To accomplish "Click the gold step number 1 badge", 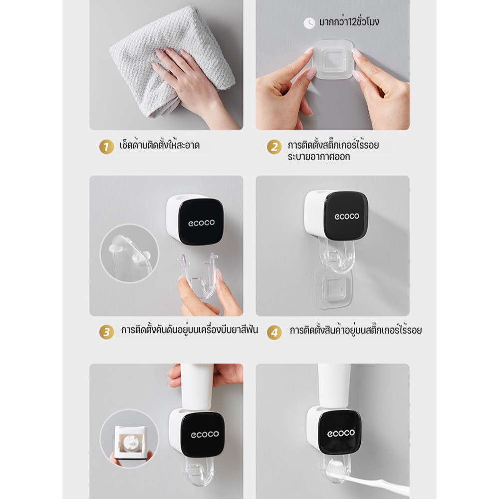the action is pyautogui.click(x=107, y=147).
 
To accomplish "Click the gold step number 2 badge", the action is pyautogui.click(x=274, y=147).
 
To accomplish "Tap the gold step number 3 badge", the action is pyautogui.click(x=107, y=332).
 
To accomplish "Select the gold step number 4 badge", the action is pyautogui.click(x=274, y=332).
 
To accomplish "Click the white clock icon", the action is pyautogui.click(x=309, y=23).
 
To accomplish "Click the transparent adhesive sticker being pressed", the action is pyautogui.click(x=333, y=59).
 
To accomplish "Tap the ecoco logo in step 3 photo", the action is pyautogui.click(x=201, y=223).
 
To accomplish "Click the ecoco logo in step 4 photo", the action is pyautogui.click(x=347, y=217).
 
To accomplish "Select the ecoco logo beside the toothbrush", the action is pyautogui.click(x=341, y=433).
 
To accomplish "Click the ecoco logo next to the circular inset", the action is pyautogui.click(x=205, y=434).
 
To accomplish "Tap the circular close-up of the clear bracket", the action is pyautogui.click(x=129, y=253).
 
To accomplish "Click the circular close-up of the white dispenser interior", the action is pyautogui.click(x=129, y=439).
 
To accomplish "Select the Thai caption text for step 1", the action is pyautogui.click(x=160, y=145).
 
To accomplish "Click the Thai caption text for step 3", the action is pyautogui.click(x=189, y=330).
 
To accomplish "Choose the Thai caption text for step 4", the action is pyautogui.click(x=355, y=330).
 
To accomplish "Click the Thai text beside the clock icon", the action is pyautogui.click(x=349, y=21).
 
